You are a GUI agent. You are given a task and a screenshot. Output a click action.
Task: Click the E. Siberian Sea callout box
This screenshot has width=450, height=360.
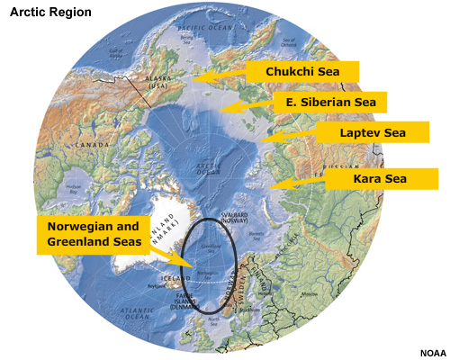[329, 103]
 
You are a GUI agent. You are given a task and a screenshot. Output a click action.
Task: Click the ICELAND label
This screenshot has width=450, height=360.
[155, 279]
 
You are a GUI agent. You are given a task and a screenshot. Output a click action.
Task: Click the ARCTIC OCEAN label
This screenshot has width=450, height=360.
[206, 166]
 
